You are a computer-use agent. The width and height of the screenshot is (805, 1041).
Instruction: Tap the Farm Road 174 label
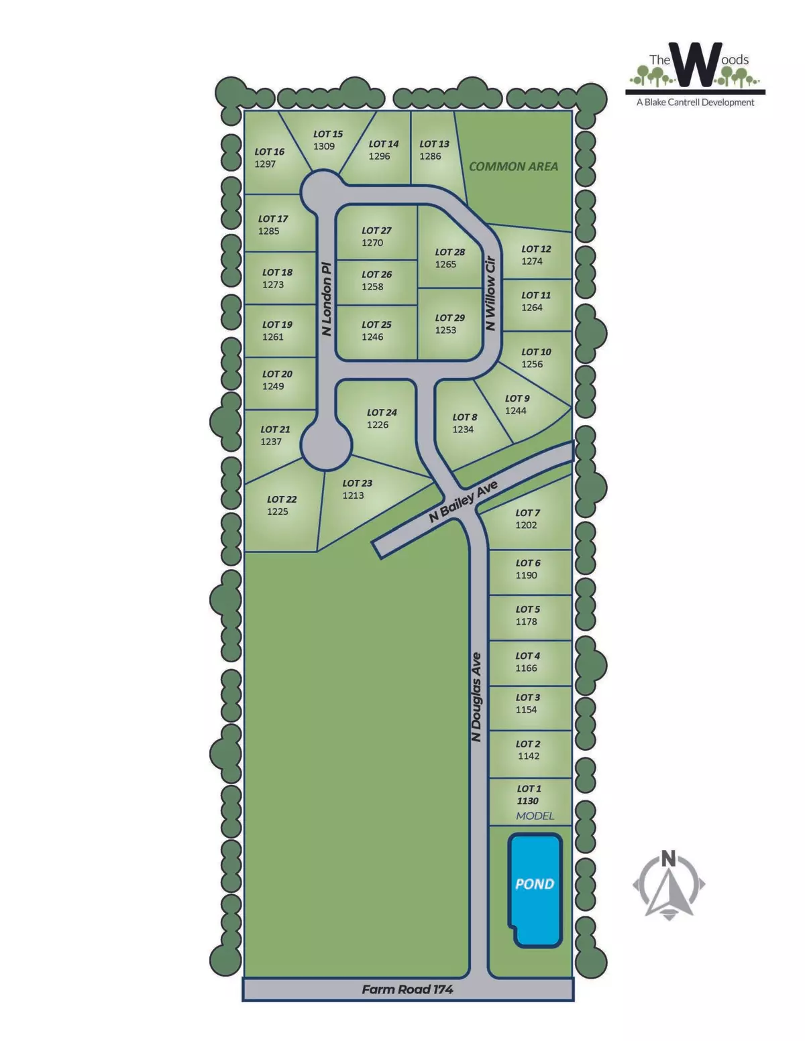(x=407, y=989)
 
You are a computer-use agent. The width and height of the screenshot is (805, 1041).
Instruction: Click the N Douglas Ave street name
(x=476, y=697)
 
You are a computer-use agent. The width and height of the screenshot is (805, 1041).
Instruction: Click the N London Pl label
(x=327, y=298)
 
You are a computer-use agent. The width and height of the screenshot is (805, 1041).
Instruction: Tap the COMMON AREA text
(x=513, y=166)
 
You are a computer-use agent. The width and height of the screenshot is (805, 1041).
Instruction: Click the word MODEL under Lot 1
(x=535, y=816)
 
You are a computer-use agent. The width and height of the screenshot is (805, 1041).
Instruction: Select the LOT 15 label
(x=328, y=134)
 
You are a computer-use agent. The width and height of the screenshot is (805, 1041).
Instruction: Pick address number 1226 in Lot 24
(x=378, y=424)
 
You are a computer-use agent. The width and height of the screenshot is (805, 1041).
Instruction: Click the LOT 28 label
(x=449, y=252)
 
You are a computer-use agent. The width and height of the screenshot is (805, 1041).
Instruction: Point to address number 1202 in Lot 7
(x=526, y=525)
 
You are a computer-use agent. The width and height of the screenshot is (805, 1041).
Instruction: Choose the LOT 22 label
(x=282, y=499)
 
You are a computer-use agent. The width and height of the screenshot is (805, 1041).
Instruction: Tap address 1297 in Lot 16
(x=265, y=164)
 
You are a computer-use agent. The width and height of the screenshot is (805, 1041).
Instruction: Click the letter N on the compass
(x=668, y=859)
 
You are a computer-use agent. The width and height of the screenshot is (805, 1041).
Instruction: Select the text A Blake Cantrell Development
(x=695, y=103)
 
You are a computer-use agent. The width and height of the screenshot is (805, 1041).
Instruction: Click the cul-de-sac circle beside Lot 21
(x=325, y=444)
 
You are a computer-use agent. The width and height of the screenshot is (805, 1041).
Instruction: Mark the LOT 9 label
(x=517, y=398)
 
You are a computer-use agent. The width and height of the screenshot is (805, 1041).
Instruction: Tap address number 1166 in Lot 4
(x=526, y=668)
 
